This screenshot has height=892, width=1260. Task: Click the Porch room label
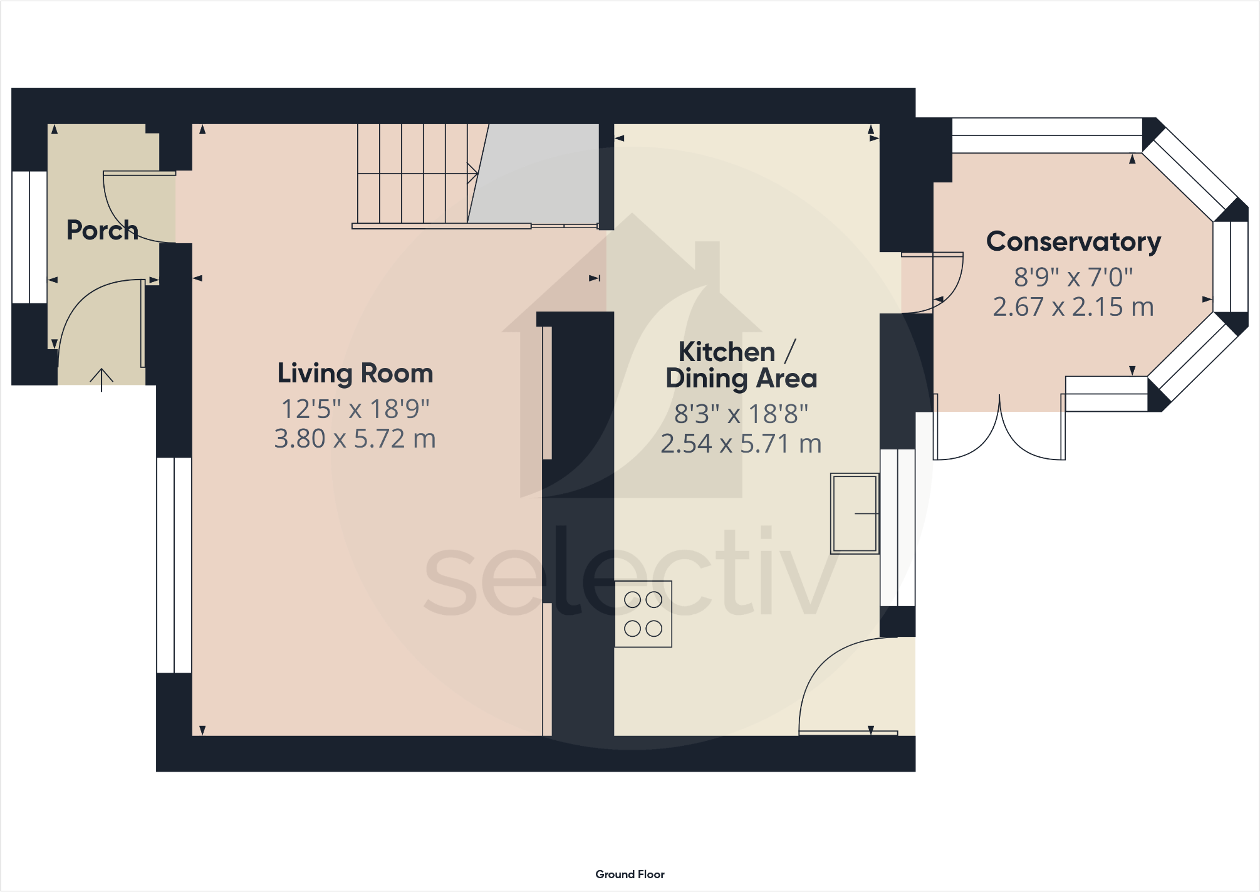[102, 230]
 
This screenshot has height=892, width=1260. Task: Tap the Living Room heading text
[355, 374]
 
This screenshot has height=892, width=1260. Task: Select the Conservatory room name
[1073, 242]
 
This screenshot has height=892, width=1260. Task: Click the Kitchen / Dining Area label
[741, 365]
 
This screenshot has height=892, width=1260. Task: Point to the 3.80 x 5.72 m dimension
[355, 439]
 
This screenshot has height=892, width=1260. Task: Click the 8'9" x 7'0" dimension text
[1073, 276]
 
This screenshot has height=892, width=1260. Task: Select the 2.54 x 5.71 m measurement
[741, 444]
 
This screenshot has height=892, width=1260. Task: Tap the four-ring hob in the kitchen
[643, 614]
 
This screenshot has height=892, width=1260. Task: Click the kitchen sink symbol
[854, 513]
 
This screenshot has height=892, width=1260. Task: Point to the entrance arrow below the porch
[102, 379]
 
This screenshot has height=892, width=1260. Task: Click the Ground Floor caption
[630, 874]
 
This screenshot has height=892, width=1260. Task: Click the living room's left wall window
[174, 565]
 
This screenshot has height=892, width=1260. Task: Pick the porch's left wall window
[29, 237]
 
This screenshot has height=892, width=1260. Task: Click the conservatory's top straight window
[1046, 135]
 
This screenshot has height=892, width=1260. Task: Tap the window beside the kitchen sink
[898, 527]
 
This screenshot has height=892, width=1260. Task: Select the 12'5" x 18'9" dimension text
[355, 409]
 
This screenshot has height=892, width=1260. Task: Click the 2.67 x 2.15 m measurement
[1073, 307]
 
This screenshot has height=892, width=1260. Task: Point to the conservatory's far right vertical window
[1231, 266]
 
